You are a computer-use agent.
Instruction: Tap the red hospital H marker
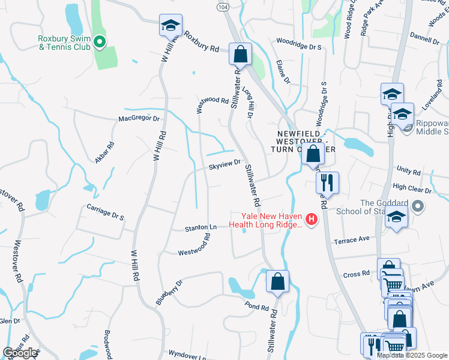311,220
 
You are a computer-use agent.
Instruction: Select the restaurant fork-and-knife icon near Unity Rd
327,182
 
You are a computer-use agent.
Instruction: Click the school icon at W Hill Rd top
170,26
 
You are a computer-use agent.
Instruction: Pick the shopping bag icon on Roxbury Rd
240,53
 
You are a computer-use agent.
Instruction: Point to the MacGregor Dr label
139,119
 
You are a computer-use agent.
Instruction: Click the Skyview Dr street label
224,163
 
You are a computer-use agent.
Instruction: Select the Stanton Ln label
200,228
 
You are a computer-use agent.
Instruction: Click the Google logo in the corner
20,353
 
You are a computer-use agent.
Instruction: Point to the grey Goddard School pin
418,207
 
